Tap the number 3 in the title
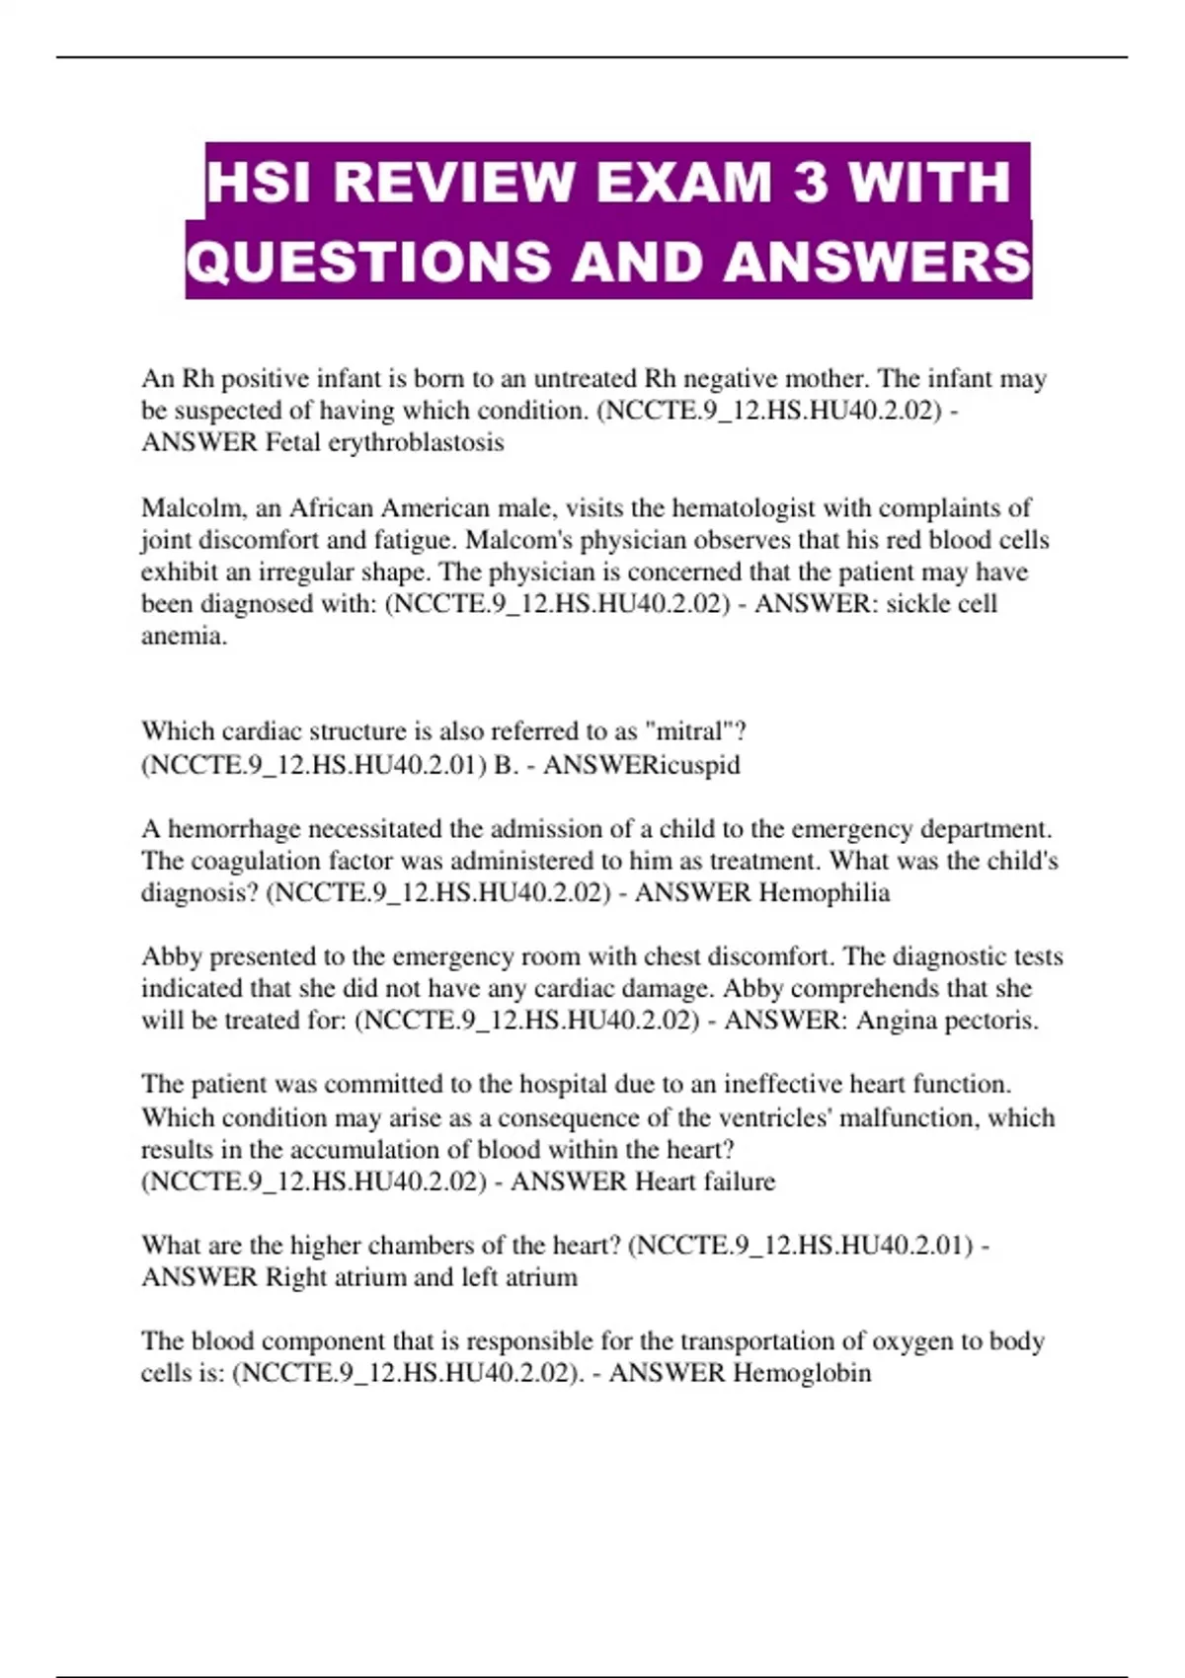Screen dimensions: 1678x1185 pos(811,183)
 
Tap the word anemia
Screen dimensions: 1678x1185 pos(184,636)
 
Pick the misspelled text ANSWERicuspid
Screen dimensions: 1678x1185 pos(641,765)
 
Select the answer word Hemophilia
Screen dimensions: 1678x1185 pos(824,893)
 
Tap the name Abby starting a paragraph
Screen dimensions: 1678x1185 pos(171,956)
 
